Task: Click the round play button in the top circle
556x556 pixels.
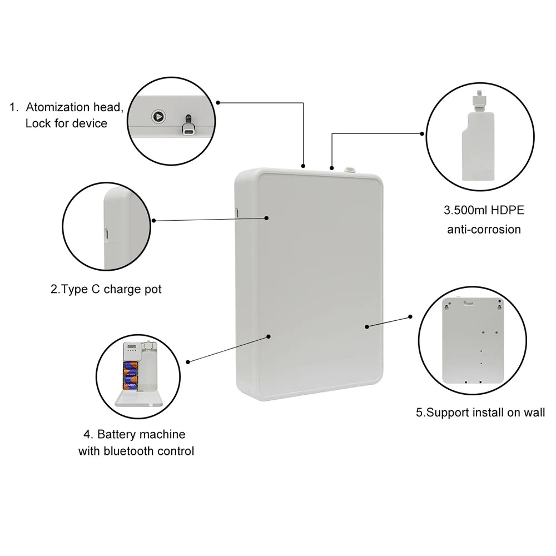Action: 158,117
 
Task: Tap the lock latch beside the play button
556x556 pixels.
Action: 188,125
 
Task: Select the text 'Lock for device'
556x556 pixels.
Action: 66,123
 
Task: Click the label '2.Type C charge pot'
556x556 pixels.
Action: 106,289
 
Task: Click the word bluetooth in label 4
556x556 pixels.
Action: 127,450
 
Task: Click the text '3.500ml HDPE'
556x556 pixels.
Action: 484,210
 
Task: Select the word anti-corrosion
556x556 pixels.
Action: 484,229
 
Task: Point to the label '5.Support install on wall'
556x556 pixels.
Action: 480,413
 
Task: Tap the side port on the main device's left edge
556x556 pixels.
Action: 236,212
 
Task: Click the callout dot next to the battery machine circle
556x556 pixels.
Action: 188,362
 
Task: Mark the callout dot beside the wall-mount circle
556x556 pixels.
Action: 410,316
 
